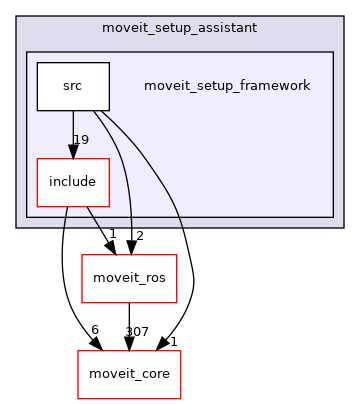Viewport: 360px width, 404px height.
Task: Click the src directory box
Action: click(72, 86)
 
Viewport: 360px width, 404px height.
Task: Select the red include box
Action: click(72, 181)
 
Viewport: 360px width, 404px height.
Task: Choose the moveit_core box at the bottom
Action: click(129, 373)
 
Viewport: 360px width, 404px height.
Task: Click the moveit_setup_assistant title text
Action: click(179, 25)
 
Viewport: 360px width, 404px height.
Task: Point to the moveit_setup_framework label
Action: click(227, 86)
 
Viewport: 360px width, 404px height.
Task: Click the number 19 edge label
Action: click(81, 139)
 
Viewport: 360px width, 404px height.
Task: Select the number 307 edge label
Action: click(138, 332)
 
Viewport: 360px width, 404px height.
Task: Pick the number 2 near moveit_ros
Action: click(140, 236)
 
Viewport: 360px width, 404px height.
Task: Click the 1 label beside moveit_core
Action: click(173, 342)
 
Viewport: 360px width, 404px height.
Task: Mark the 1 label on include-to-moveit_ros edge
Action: click(112, 234)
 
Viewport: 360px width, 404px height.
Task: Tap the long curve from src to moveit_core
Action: click(188, 250)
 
